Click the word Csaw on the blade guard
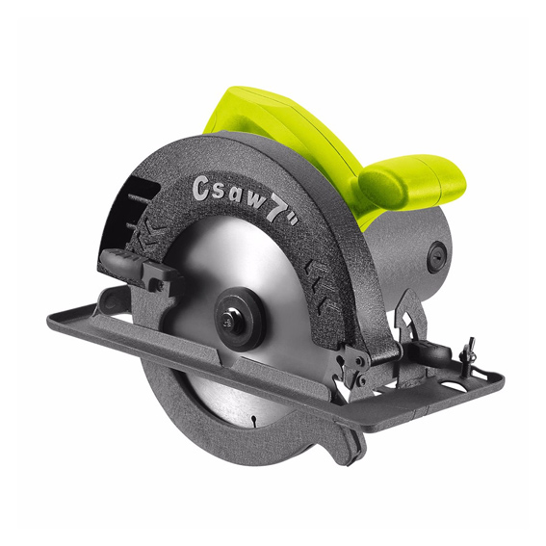click(227, 194)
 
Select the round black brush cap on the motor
click(436, 258)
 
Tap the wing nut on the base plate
click(466, 351)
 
